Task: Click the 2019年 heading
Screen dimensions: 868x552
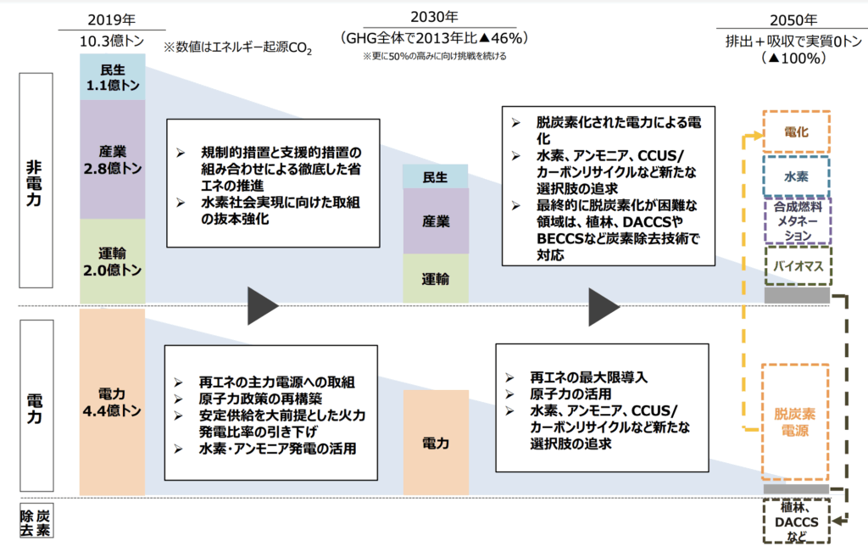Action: point(111,20)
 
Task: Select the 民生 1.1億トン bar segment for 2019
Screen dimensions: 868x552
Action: point(113,77)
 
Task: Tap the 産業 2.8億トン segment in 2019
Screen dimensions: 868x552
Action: point(113,159)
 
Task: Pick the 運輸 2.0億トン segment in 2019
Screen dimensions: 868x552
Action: point(113,261)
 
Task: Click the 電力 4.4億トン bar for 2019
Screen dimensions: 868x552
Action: point(113,402)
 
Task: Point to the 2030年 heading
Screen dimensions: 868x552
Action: point(435,17)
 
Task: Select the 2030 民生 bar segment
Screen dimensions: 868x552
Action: point(435,176)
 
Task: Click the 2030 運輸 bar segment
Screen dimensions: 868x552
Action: point(435,278)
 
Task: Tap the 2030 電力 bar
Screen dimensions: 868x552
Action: point(436,443)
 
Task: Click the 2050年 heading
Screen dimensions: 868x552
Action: point(793,20)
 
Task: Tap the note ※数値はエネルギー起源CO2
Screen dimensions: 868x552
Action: point(237,47)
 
